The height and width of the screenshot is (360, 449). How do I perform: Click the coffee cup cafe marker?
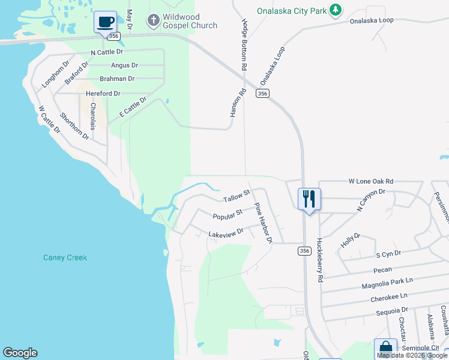tap(106, 22)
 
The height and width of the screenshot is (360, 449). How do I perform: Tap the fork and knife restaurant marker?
tap(309, 199)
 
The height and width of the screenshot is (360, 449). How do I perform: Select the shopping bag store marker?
tap(385, 349)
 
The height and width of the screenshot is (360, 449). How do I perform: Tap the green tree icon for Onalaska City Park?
tap(336, 10)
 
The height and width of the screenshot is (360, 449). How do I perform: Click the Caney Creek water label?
tap(65, 258)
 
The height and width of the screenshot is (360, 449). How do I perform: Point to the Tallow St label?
tap(236, 196)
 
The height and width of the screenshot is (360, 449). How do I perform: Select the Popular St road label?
tap(227, 214)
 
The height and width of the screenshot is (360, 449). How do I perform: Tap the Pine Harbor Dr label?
tap(264, 223)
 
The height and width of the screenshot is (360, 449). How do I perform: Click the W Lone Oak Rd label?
tap(370, 181)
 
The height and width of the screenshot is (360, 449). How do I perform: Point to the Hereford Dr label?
tap(103, 94)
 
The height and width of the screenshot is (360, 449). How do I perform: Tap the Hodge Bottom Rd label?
tap(244, 46)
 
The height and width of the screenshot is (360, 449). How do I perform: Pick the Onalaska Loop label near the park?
tap(372, 20)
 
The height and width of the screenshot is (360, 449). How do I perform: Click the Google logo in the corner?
tap(20, 353)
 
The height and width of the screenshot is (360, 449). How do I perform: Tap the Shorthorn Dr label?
tap(74, 126)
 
